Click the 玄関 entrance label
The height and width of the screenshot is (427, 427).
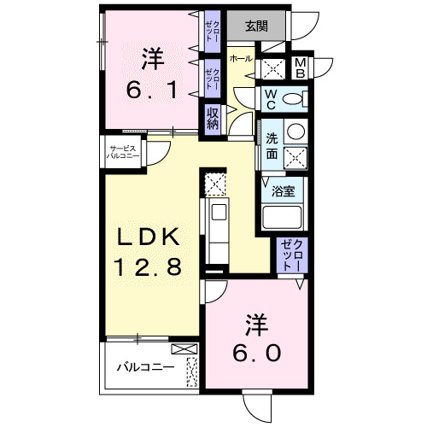(255, 26)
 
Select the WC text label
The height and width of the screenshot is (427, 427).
(269, 97)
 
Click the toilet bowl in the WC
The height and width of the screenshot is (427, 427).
(293, 99)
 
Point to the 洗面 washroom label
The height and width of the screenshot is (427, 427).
(271, 145)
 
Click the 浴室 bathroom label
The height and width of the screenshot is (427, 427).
(284, 192)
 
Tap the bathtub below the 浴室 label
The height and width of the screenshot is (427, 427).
(283, 217)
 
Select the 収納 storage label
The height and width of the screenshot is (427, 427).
(212, 117)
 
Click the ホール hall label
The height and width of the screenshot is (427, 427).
(241, 58)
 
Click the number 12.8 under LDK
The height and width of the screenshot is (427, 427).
(147, 268)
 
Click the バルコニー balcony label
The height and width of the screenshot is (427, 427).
(146, 368)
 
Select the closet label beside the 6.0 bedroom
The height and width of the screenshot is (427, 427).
(293, 254)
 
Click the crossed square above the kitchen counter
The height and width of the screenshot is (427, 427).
(215, 182)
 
